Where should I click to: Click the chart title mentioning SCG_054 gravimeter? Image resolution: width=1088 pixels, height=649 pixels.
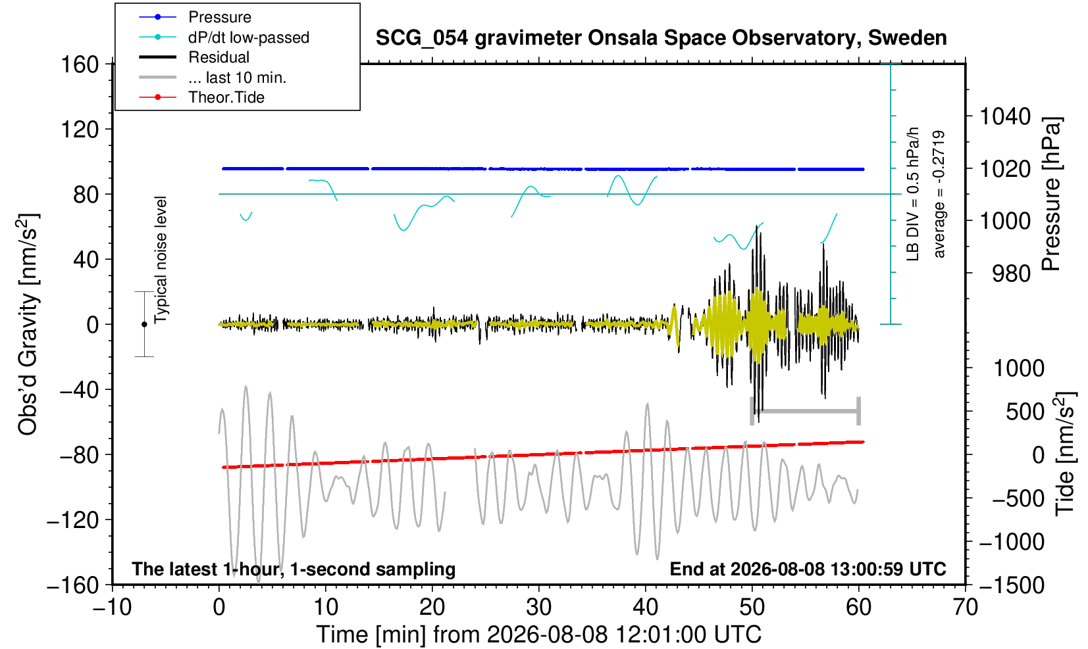point(661,38)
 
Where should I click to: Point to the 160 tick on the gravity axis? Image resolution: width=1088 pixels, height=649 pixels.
point(80,64)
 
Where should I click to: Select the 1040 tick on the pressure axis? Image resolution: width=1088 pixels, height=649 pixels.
point(1005,116)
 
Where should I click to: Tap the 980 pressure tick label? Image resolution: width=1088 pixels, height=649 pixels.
point(1011,274)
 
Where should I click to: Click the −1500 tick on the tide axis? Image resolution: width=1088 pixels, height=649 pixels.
point(1011,585)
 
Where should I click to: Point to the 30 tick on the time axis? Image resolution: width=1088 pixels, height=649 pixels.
point(538,607)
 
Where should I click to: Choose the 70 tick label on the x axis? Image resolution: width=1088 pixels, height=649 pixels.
point(965,607)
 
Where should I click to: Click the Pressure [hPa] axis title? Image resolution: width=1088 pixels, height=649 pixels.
point(1051,194)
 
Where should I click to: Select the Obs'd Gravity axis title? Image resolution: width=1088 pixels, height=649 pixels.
point(28,324)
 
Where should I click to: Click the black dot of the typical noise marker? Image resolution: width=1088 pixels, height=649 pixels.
point(144,324)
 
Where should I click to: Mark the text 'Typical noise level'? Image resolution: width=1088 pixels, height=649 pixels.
point(161,260)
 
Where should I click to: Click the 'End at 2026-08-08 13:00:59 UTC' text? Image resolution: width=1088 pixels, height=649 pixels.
point(808,569)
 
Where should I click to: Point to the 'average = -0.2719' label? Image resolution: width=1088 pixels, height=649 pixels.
point(939,194)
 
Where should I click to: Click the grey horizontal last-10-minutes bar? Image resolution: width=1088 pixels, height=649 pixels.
point(806,411)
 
